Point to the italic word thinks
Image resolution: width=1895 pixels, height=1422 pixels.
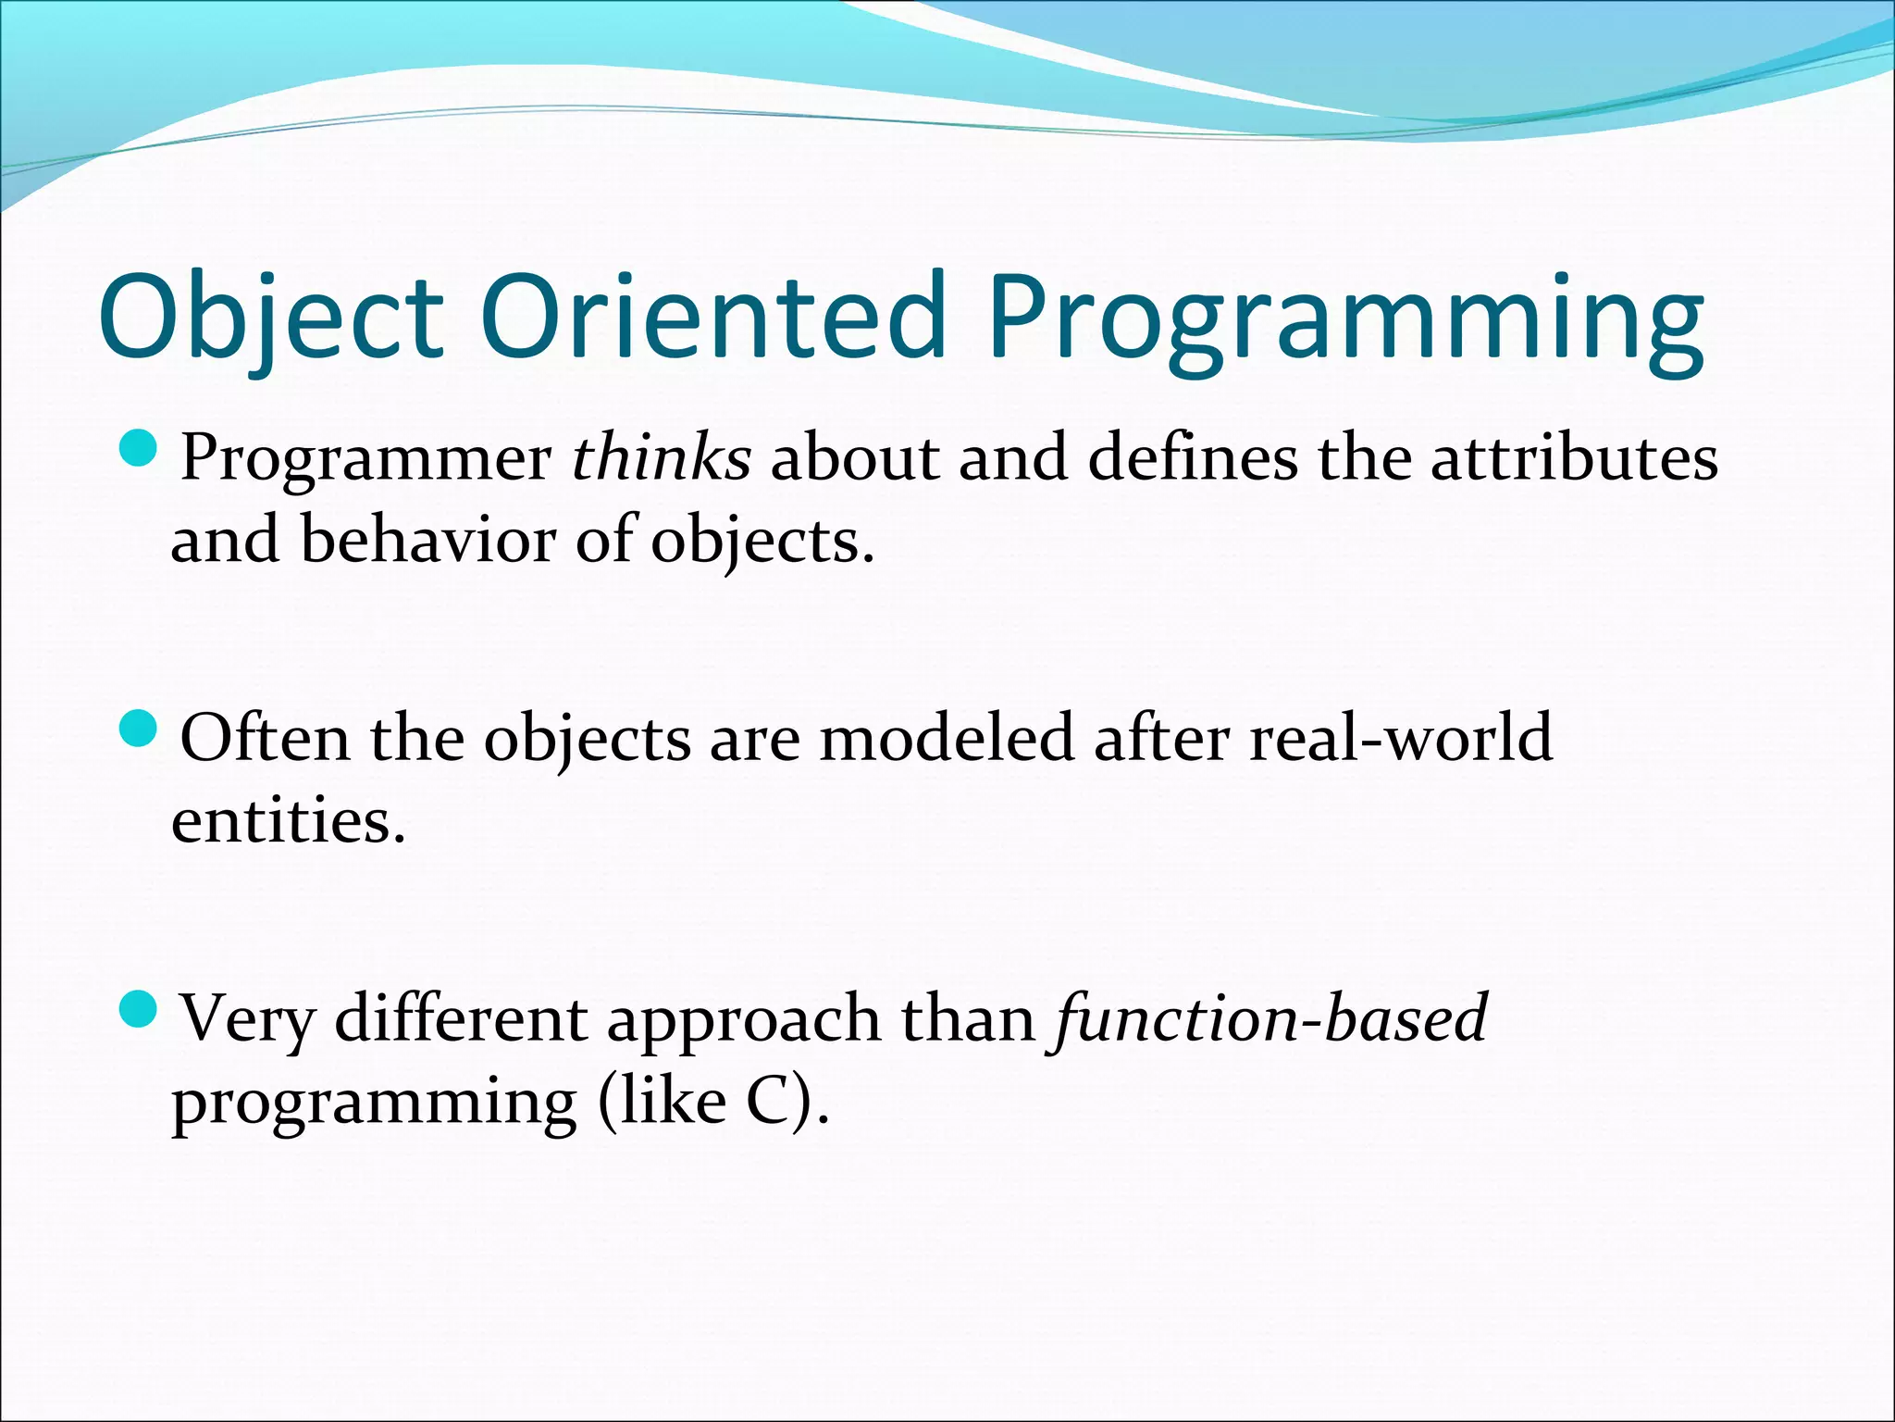(661, 457)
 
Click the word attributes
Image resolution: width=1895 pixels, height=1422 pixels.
(1574, 457)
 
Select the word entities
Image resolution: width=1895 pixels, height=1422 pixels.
(288, 821)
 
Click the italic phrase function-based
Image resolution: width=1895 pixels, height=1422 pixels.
(1269, 1018)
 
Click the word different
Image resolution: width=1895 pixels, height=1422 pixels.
(462, 1018)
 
